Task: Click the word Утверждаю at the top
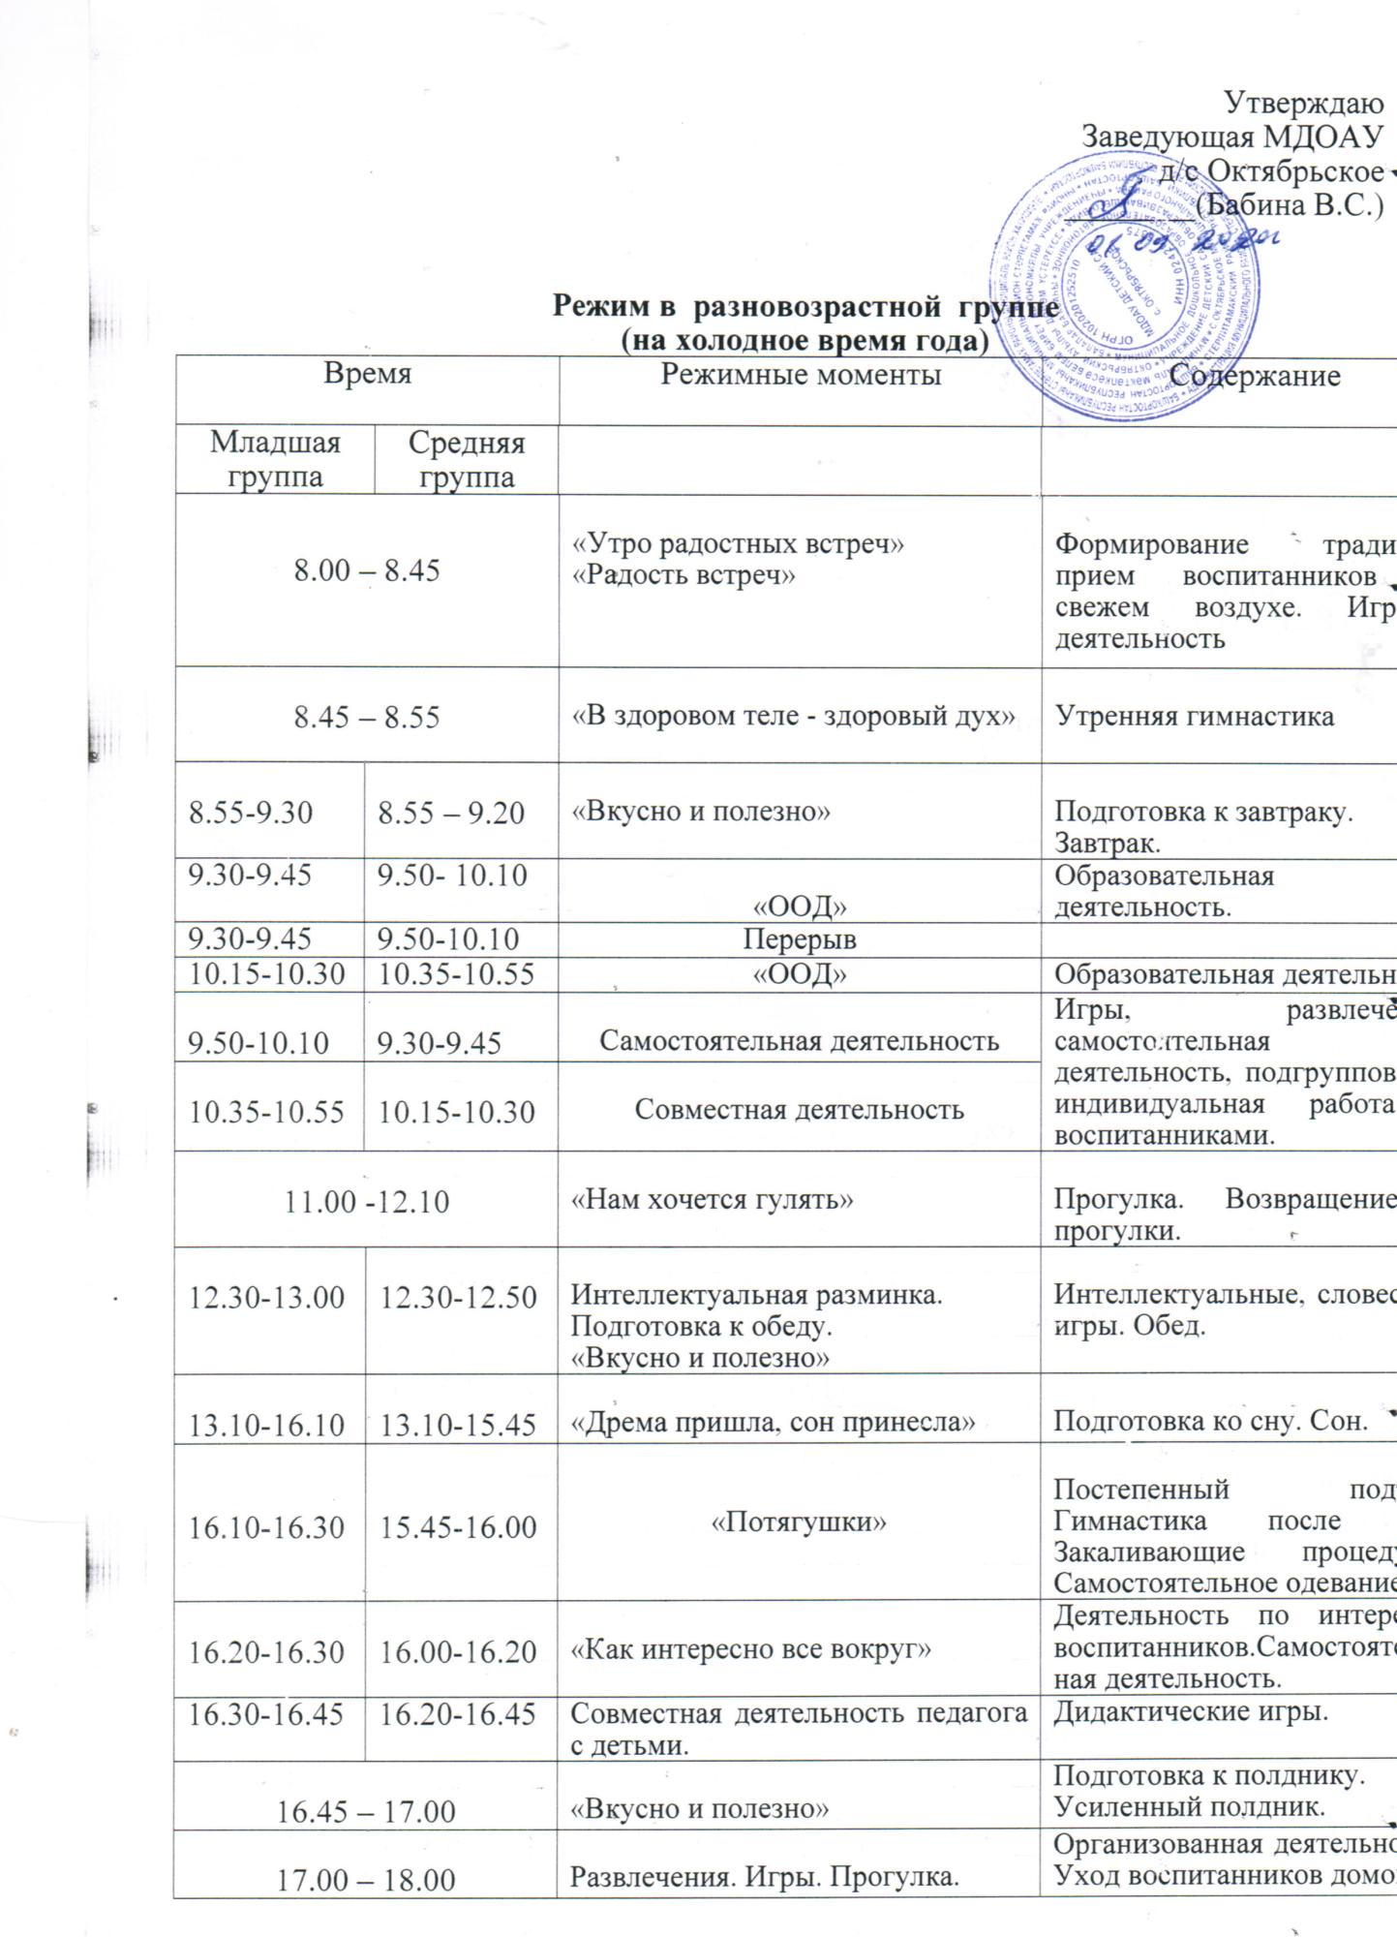tap(1302, 102)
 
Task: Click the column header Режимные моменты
tap(801, 376)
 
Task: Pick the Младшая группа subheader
tap(276, 460)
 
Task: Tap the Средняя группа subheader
tap(467, 460)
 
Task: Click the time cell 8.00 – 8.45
tap(367, 570)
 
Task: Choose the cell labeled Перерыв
tap(800, 939)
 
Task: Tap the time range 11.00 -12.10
tap(367, 1202)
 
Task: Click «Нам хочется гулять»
tap(713, 1200)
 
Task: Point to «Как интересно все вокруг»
tap(751, 1648)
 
